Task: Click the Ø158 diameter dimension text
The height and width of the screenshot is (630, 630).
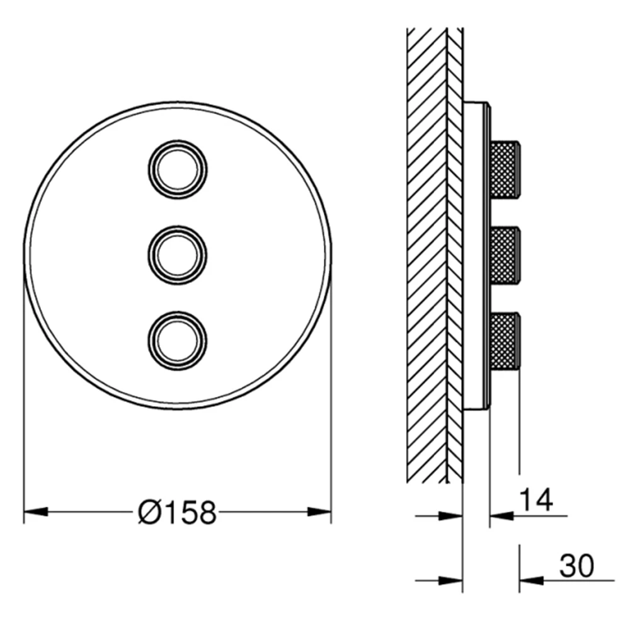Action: [177, 512]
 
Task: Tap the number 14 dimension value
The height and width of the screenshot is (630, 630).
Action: [536, 500]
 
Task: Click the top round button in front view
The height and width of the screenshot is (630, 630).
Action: [178, 169]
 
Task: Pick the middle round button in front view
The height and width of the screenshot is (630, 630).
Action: [178, 256]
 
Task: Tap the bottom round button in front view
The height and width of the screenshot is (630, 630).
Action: [178, 341]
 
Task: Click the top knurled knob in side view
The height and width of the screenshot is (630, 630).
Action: [505, 169]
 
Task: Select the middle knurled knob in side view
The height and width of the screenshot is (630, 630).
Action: [505, 255]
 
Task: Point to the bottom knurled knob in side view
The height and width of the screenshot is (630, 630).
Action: [505, 341]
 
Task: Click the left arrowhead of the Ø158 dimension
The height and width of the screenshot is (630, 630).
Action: [36, 512]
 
